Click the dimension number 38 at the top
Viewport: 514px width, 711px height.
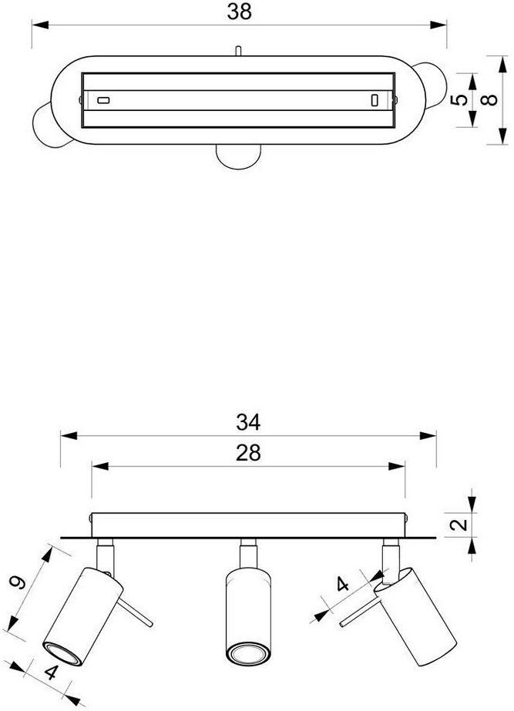tap(240, 11)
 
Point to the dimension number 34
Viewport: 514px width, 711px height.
tap(248, 422)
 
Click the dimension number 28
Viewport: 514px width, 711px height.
tap(248, 453)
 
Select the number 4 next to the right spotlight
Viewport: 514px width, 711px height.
tap(343, 584)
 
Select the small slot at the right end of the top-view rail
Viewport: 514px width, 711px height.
tap(375, 100)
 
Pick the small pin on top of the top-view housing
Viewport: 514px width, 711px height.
tap(239, 51)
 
